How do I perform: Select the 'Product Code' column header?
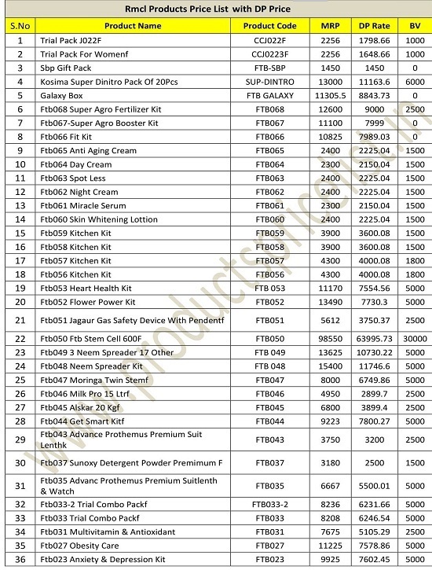(x=265, y=26)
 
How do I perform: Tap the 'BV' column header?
(x=409, y=26)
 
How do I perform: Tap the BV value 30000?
(x=409, y=338)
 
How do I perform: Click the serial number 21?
(x=20, y=320)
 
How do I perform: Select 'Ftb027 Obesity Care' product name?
(x=79, y=545)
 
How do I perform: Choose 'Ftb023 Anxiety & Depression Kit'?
(x=102, y=559)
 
